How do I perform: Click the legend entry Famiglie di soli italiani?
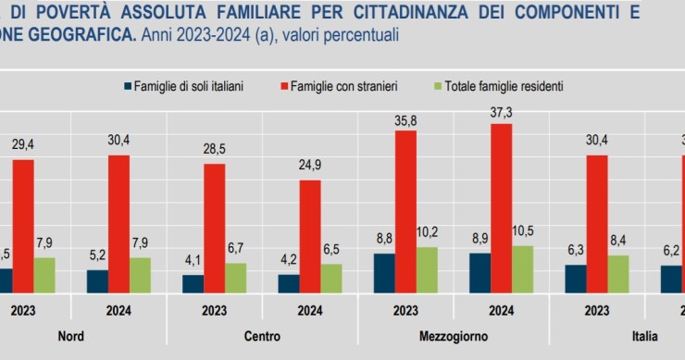tap(188, 86)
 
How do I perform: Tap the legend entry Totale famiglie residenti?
tap(498, 86)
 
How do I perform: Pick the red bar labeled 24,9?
tap(310, 236)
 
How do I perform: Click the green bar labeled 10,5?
tap(523, 269)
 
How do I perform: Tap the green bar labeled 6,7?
tap(236, 278)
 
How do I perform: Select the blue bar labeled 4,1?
tap(193, 283)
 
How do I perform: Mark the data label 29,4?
tap(22, 145)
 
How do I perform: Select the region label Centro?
tap(262, 335)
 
